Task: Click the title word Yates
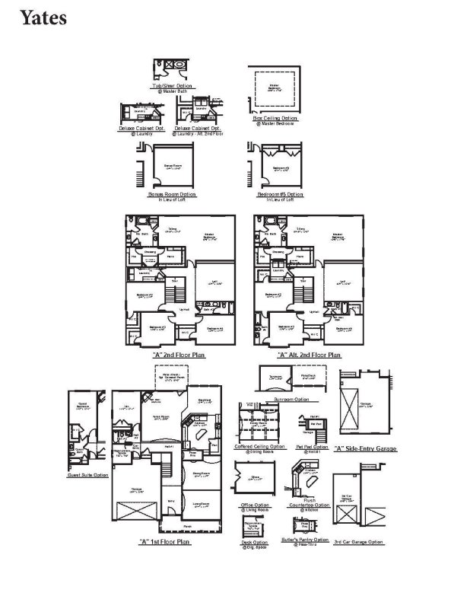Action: point(44,17)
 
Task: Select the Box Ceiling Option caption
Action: point(275,118)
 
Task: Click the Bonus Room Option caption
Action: point(172,194)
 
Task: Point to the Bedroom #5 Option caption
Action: point(280,194)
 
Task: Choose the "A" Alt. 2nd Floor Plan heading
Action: point(309,355)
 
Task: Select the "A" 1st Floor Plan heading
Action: point(164,541)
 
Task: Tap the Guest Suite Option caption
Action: point(85,474)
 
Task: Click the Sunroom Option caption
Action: point(291,398)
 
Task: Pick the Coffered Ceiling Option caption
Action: point(262,446)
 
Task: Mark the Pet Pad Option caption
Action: point(310,446)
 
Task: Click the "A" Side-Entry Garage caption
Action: point(365,448)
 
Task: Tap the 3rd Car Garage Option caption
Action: point(358,542)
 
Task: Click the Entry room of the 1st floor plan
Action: point(170,499)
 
